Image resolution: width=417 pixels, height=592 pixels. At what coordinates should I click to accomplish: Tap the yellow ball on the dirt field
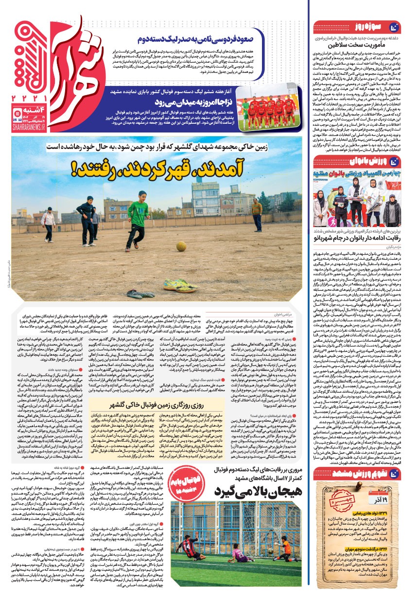(x=181, y=246)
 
